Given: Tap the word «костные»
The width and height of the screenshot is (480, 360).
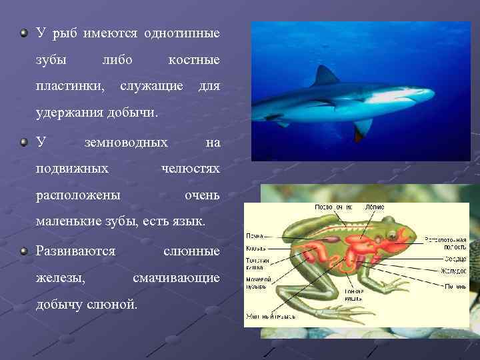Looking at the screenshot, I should (x=194, y=60).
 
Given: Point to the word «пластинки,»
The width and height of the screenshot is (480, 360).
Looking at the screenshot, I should (x=69, y=87).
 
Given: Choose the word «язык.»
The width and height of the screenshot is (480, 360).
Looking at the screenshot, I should (x=189, y=222).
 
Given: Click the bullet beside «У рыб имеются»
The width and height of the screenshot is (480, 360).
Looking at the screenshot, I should (x=24, y=33).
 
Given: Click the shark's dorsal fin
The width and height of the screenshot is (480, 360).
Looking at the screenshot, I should (x=326, y=76).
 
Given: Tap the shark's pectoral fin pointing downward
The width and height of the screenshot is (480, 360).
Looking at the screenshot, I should (x=363, y=127).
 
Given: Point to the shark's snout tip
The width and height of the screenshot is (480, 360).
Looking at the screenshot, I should (x=434, y=96).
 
